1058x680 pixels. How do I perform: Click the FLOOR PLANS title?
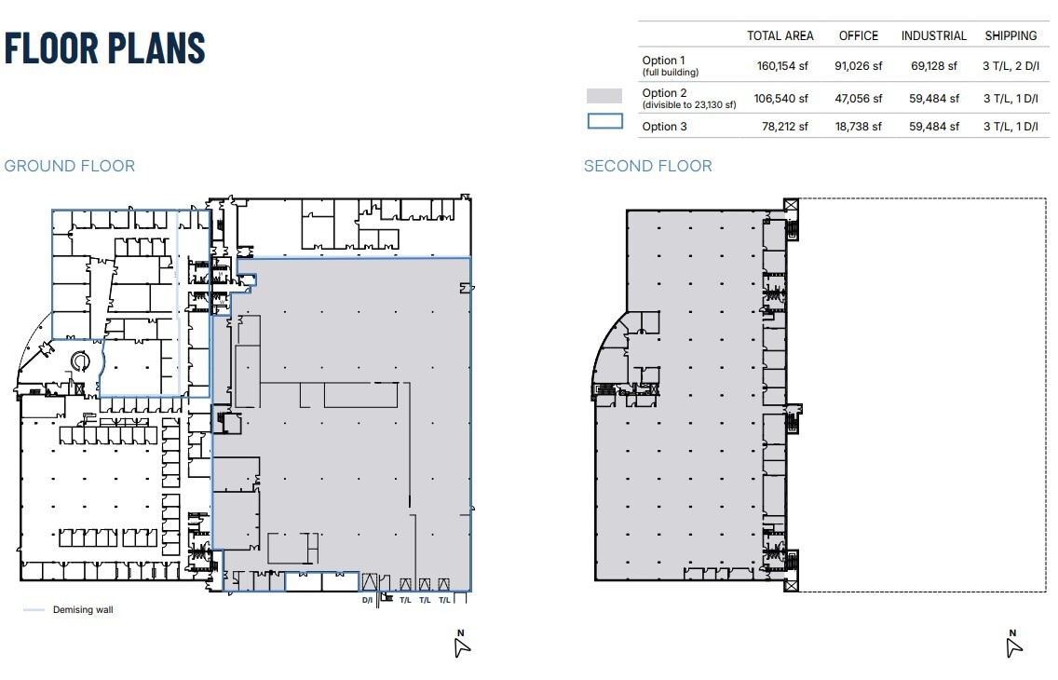pyautogui.click(x=104, y=48)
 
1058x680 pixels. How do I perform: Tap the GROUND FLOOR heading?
pyautogui.click(x=70, y=166)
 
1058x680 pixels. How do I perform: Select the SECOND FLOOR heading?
pyautogui.click(x=647, y=166)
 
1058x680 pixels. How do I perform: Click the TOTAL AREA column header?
pyautogui.click(x=780, y=35)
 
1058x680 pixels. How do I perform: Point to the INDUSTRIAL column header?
pyautogui.click(x=933, y=35)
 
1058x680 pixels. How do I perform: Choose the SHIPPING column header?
pyautogui.click(x=1011, y=35)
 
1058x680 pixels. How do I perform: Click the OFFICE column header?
pyautogui.click(x=858, y=35)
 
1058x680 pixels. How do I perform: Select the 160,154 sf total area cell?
pyautogui.click(x=782, y=66)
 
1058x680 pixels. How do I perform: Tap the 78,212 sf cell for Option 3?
pyautogui.click(x=782, y=127)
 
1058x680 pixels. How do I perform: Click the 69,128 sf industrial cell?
pyautogui.click(x=935, y=66)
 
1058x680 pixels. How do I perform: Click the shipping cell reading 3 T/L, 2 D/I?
pyautogui.click(x=1011, y=66)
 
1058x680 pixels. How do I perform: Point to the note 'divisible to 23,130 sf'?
pyautogui.click(x=689, y=105)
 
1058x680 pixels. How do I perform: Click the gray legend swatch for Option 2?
pyautogui.click(x=604, y=96)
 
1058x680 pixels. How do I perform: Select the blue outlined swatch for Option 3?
pyautogui.click(x=604, y=121)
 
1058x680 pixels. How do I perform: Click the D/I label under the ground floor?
pyautogui.click(x=367, y=601)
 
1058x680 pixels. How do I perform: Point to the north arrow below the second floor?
pyautogui.click(x=1013, y=645)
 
